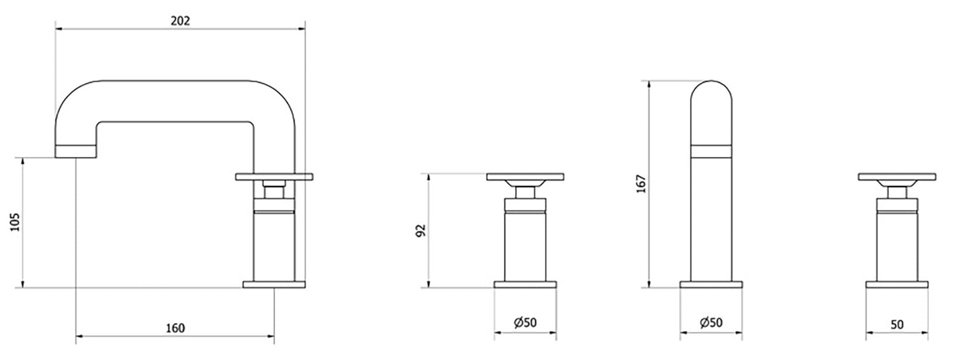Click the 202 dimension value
pyautogui.click(x=180, y=20)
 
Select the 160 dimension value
pyautogui.click(x=175, y=328)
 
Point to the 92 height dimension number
pyautogui.click(x=421, y=231)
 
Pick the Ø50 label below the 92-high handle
pyautogui.click(x=525, y=322)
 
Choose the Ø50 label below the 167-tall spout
pyautogui.click(x=711, y=322)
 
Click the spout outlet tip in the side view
pyautogui.click(x=76, y=152)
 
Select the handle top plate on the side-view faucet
pyautogui.click(x=274, y=176)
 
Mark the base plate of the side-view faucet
pyautogui.click(x=275, y=285)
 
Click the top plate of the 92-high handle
pyautogui.click(x=525, y=176)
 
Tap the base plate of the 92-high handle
pyautogui.click(x=525, y=285)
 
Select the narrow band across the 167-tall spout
pyautogui.click(x=711, y=152)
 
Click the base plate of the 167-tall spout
pyautogui.click(x=711, y=285)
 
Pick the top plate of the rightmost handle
pyautogui.click(x=896, y=176)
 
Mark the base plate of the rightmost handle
pyautogui.click(x=896, y=285)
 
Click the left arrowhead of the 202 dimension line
pyautogui.click(x=58, y=29)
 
